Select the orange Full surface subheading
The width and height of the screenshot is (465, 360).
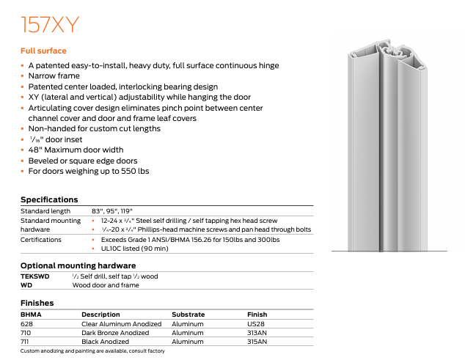43,51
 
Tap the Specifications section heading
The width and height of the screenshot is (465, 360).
49,199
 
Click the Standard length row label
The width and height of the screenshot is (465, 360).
46,211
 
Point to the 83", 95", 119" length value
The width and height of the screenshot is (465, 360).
112,211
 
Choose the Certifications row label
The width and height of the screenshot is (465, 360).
42,239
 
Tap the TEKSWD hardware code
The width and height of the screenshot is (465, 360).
34,276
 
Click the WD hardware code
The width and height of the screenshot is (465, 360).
26,284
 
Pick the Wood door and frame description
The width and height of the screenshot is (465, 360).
105,284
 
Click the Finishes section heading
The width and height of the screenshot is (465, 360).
38,303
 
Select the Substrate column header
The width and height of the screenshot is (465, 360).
188,315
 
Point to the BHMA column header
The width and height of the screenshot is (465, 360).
31,315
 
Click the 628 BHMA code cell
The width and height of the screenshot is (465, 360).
26,323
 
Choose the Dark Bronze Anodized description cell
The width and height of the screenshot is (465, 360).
115,333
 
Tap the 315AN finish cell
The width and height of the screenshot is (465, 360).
259,342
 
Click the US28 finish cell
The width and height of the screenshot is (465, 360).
257,323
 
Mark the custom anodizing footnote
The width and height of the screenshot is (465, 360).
92,351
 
